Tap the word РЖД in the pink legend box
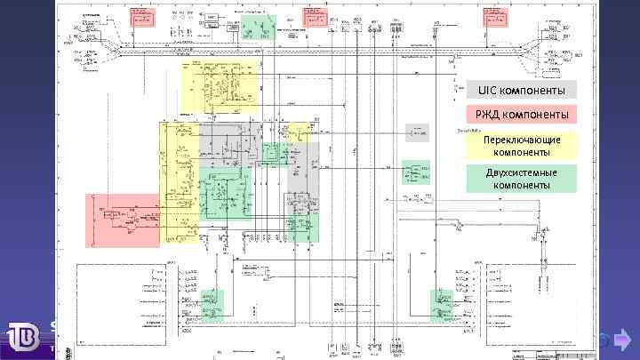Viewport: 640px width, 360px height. pos(487,115)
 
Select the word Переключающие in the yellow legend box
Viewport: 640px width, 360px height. pos(522,140)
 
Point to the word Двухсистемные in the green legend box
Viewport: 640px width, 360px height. pos(522,172)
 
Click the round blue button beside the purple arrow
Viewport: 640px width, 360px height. pos(601,340)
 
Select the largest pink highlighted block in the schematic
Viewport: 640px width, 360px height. pos(123,220)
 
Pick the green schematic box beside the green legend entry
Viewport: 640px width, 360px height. pos(415,172)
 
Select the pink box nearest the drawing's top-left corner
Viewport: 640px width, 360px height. pos(141,18)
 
